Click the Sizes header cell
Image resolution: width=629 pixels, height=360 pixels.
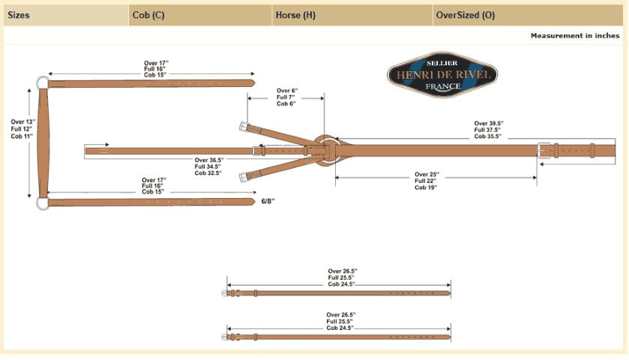tap(19, 14)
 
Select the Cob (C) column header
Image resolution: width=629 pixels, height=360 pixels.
tap(148, 14)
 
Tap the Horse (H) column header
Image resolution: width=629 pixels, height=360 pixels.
tap(295, 14)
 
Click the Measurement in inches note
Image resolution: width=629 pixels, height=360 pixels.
tap(575, 35)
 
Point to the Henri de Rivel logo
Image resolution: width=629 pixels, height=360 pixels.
tap(442, 75)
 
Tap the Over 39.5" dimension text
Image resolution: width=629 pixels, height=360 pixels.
tap(488, 123)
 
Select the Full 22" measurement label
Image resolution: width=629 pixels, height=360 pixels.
tap(427, 181)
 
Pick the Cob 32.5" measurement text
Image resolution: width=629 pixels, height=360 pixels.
tap(210, 173)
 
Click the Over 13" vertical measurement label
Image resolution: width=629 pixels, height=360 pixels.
tap(22, 121)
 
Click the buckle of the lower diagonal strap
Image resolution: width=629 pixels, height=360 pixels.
tap(243, 177)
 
